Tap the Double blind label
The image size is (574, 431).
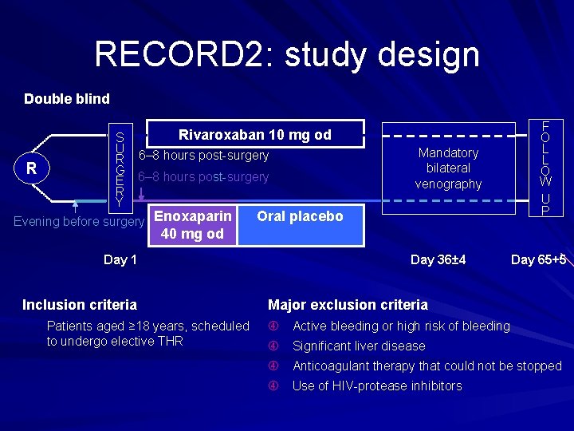pyautogui.click(x=67, y=99)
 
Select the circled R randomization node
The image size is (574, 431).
pyautogui.click(x=32, y=168)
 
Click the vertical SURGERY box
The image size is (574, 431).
pyautogui.click(x=120, y=167)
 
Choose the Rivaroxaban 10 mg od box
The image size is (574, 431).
pyautogui.click(x=254, y=135)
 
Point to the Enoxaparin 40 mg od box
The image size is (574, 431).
pyautogui.click(x=192, y=225)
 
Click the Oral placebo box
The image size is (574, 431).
pyautogui.click(x=300, y=216)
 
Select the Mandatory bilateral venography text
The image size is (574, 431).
pyautogui.click(x=448, y=168)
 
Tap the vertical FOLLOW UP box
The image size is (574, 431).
pyautogui.click(x=546, y=167)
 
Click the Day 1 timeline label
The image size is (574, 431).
pyautogui.click(x=120, y=259)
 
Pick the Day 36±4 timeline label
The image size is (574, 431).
pyautogui.click(x=438, y=259)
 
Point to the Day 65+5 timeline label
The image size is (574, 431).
pyautogui.click(x=538, y=259)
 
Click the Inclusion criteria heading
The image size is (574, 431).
pyautogui.click(x=80, y=304)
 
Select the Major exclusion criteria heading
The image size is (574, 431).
pyautogui.click(x=348, y=304)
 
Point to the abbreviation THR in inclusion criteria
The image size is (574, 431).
pyautogui.click(x=171, y=341)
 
